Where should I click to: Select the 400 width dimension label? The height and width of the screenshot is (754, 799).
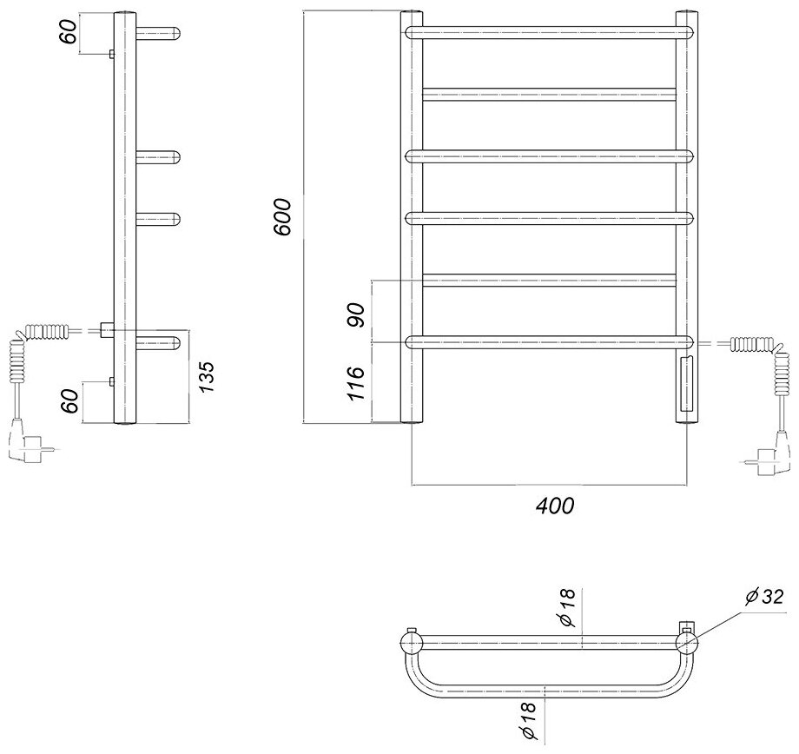coord(556,505)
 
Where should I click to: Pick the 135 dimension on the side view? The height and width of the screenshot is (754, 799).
coord(206,378)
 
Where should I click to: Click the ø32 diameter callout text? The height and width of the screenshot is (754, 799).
coord(763,597)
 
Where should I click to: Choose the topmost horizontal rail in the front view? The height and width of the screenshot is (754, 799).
coord(549,32)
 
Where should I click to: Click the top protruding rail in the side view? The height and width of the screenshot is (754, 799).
coord(158,34)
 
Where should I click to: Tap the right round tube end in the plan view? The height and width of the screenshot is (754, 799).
coord(687,643)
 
